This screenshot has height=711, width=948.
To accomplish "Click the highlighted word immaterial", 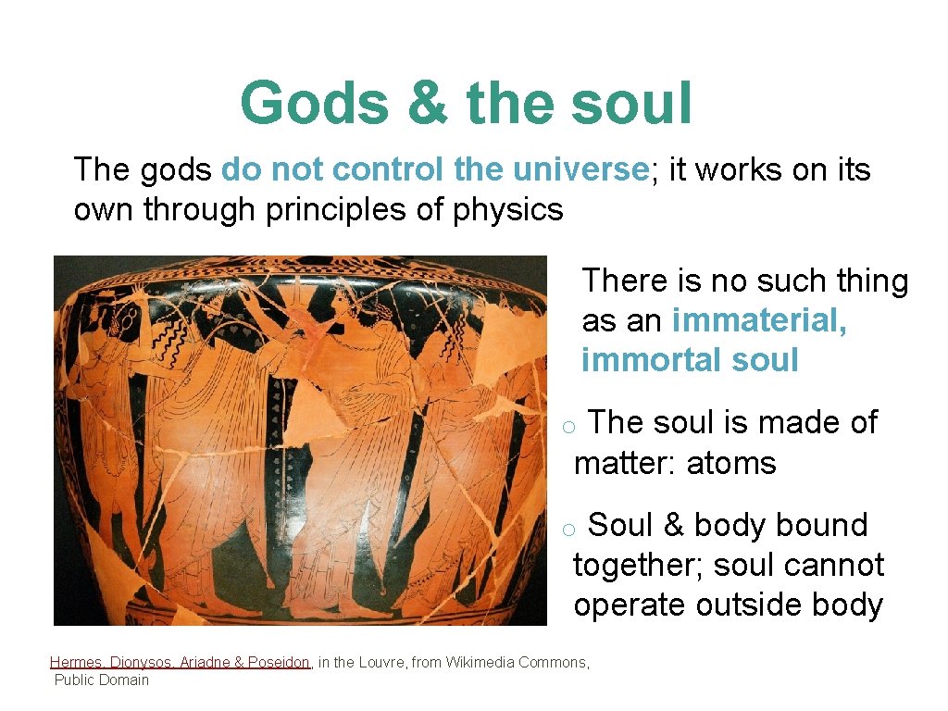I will pos(759,320).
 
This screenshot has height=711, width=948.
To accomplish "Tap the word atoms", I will pos(730,463).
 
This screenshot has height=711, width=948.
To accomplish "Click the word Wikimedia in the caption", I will pos(482,662).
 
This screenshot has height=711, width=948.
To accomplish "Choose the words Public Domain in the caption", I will pos(101,680).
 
